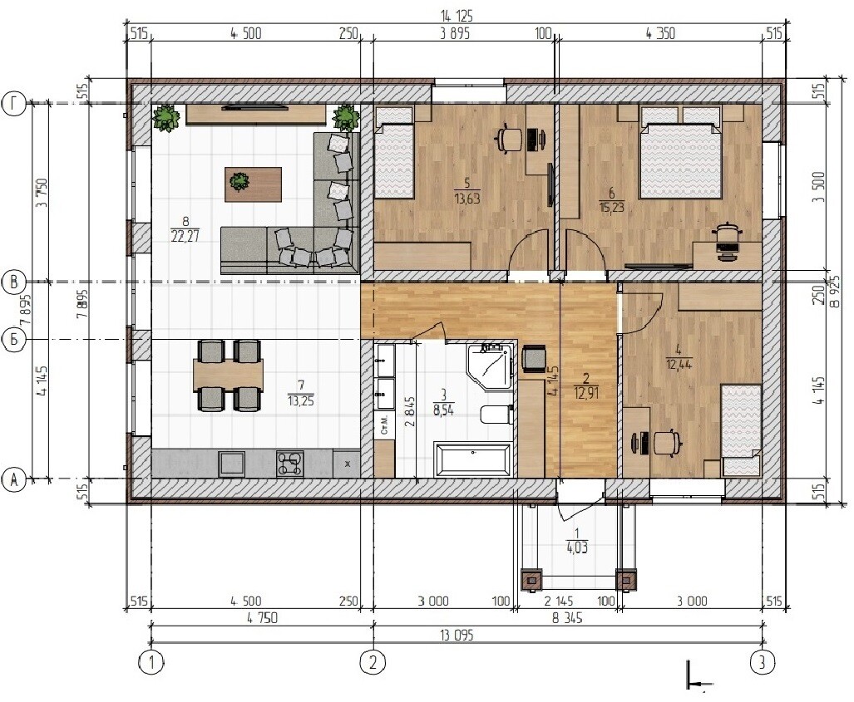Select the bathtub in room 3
(x=473, y=460)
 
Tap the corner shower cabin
(x=490, y=366)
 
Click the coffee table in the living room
(x=254, y=184)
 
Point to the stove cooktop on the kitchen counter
(x=289, y=464)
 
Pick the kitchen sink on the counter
(x=232, y=464)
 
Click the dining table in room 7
(x=228, y=375)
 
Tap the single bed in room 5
(x=394, y=154)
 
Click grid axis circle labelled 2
(x=373, y=663)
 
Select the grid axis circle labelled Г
(x=14, y=103)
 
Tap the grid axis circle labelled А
(x=14, y=480)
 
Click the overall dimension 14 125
(x=457, y=17)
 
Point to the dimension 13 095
(x=456, y=635)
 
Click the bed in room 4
(x=741, y=430)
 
